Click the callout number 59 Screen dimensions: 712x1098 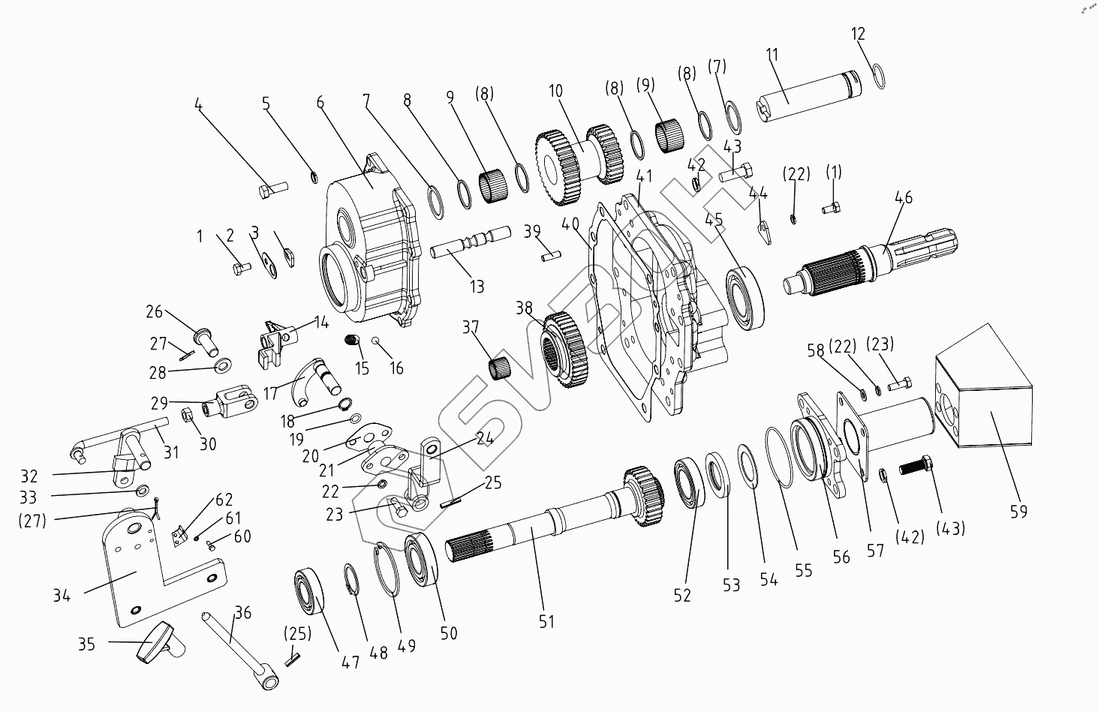(x=1018, y=512)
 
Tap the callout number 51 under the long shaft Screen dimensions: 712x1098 (x=546, y=621)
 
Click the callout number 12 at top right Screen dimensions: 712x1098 (x=859, y=34)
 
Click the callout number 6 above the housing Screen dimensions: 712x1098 (x=320, y=104)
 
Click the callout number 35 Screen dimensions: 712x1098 (x=87, y=643)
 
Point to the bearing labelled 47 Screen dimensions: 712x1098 (x=308, y=592)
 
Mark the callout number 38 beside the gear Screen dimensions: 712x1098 (x=524, y=308)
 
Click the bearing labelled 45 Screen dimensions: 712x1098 (x=745, y=298)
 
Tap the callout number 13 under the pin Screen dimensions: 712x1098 (x=477, y=286)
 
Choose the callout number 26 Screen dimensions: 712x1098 (x=154, y=311)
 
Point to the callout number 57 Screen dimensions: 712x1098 (x=875, y=550)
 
